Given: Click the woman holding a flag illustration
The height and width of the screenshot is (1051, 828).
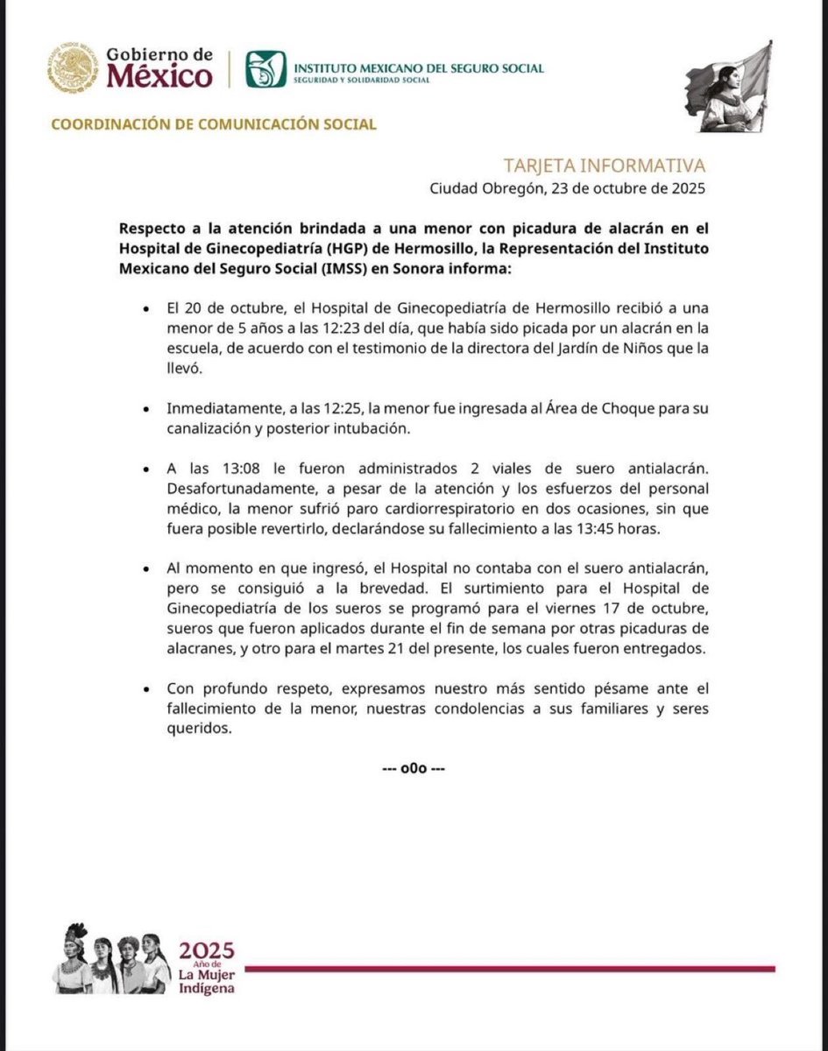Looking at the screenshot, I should click(728, 87).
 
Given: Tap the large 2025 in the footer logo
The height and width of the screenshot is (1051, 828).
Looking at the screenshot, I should click(207, 950).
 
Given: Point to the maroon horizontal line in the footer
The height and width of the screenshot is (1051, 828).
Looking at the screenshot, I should click(508, 968).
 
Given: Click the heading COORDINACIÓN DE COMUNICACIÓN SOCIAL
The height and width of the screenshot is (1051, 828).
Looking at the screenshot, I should click(214, 124).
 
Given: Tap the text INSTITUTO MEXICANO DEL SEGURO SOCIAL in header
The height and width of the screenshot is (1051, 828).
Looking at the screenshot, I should click(419, 68).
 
